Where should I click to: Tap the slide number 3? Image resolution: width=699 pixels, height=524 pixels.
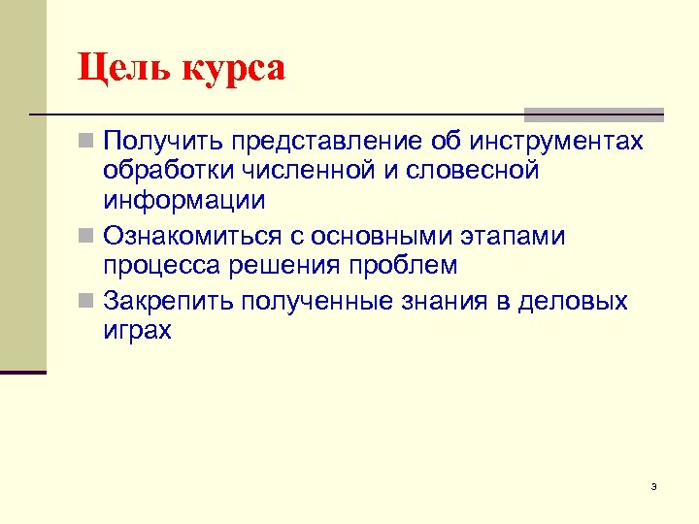coord(654,486)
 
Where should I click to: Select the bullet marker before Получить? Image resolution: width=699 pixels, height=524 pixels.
coord(86,142)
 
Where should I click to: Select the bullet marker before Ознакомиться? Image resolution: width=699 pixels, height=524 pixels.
coord(86,237)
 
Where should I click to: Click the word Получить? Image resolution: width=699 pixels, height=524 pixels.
coord(160,142)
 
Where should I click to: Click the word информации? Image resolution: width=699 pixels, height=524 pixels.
coord(183,202)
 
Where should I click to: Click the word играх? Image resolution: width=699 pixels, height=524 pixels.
coord(138,332)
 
